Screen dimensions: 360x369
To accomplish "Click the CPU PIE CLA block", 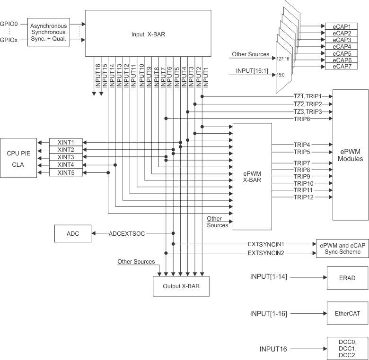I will point(18,157).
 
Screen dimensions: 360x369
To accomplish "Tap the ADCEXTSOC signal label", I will point(126,233).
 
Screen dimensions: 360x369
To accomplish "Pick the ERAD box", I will point(347,277).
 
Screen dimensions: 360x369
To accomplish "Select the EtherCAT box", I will point(347,314).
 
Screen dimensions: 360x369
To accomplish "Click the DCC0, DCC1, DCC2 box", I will point(347,349).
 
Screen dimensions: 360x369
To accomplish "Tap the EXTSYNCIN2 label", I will point(266,253).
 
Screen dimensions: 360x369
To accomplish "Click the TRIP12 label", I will point(303,197).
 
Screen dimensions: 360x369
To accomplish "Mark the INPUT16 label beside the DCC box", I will point(273,349).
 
